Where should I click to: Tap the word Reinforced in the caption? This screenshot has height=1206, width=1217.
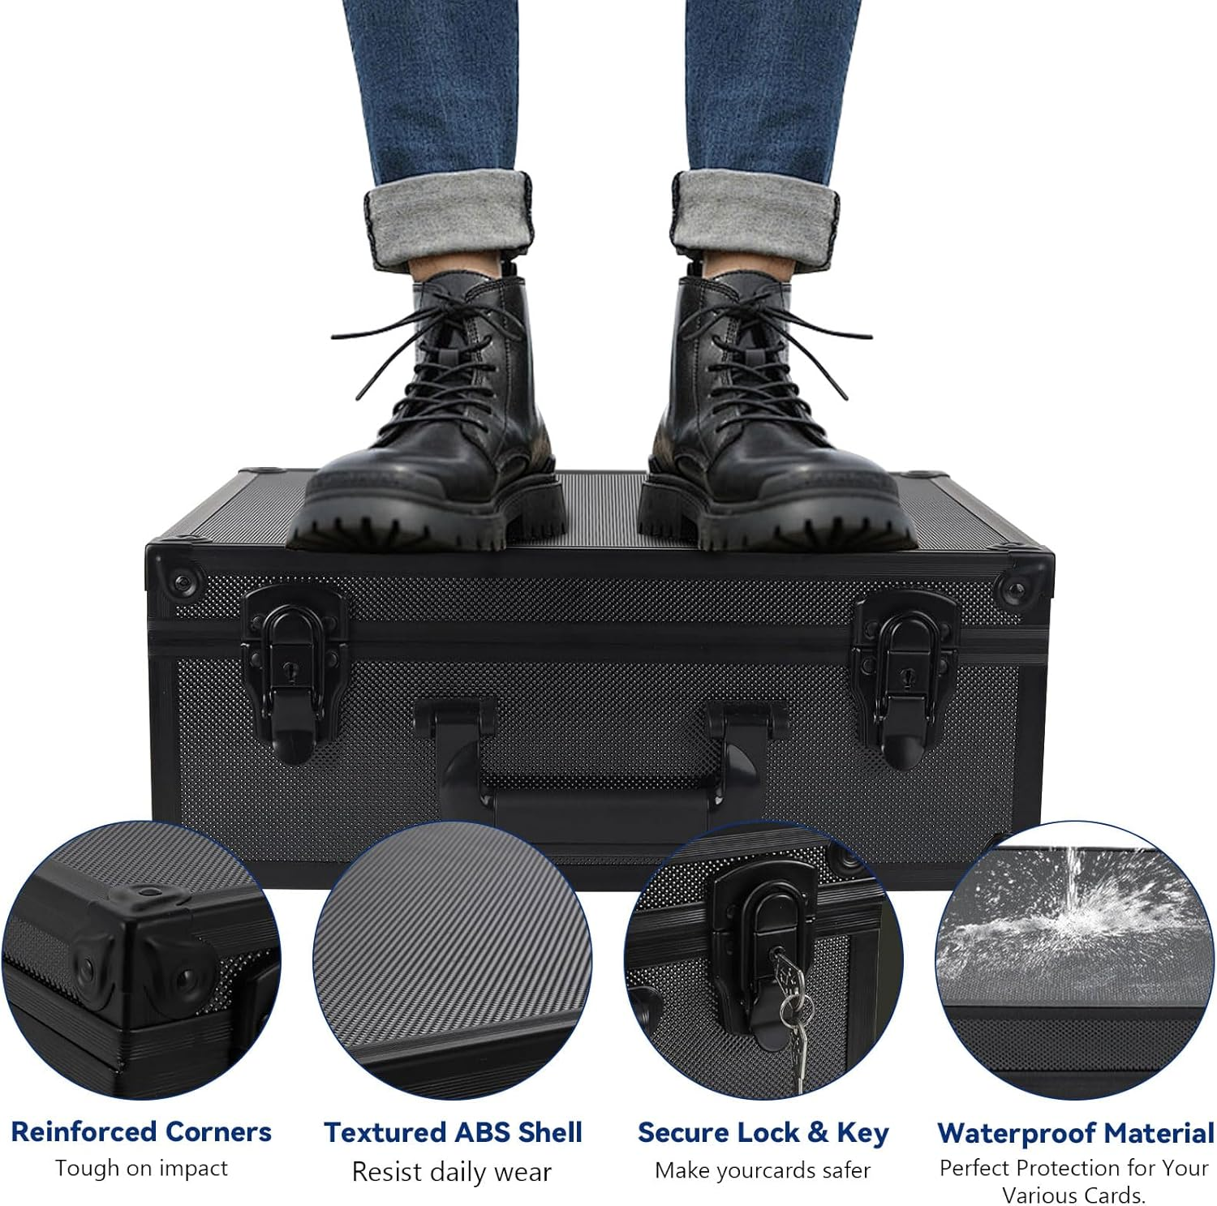[x=84, y=1131]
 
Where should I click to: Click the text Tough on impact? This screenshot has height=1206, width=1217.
[x=141, y=1169]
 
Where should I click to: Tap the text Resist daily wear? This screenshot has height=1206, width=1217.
[x=452, y=1171]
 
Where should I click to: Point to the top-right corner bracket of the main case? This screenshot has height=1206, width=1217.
[x=1024, y=577]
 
